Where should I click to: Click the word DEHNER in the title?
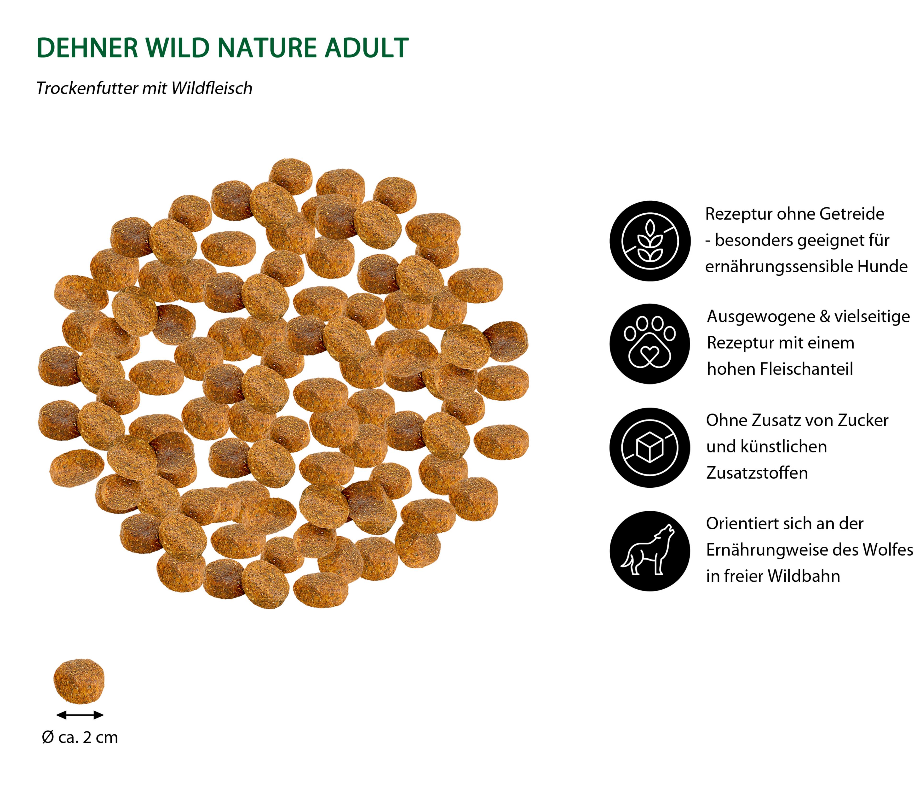tap(87, 48)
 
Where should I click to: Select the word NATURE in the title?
tap(267, 48)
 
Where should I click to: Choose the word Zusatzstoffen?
tap(757, 473)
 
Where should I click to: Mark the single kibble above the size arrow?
tap(79, 681)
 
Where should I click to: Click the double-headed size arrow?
tap(80, 715)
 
